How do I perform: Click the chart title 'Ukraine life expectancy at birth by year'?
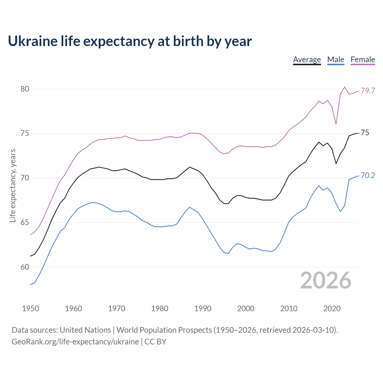tap(130, 41)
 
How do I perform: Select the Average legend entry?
tap(307, 60)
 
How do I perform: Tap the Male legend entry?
tap(335, 60)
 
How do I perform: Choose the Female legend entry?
tap(363, 60)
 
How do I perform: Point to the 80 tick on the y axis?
tap(25, 89)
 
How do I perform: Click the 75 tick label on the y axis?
tap(25, 133)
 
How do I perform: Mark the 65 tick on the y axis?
tap(25, 222)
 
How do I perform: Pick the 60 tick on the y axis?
tap(25, 267)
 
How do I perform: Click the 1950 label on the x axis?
tap(31, 308)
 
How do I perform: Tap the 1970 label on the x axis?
tap(116, 308)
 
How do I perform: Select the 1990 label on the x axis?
tap(203, 308)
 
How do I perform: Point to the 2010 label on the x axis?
tap(289, 308)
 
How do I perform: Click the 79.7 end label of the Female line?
tap(368, 91)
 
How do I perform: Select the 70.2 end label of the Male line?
tap(368, 175)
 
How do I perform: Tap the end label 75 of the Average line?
tap(365, 133)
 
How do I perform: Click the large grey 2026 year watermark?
tap(326, 280)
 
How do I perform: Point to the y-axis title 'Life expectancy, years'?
tap(13, 186)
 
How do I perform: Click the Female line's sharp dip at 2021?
tap(336, 124)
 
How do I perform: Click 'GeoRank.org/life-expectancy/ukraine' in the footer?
tap(75, 342)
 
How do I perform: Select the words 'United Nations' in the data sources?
tap(85, 330)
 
